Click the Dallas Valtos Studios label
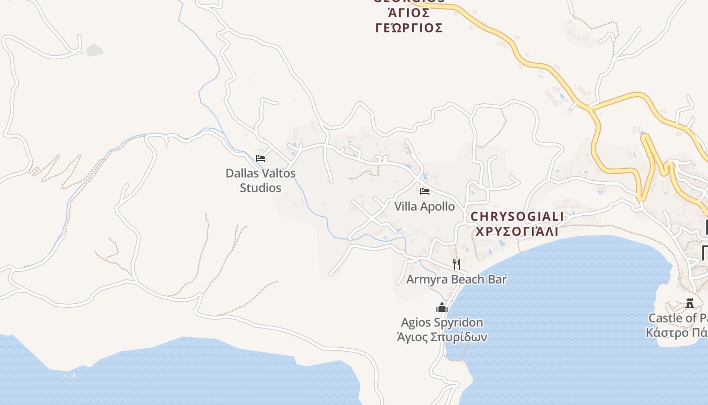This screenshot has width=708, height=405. pos(260,180)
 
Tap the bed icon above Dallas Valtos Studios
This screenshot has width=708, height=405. pos(260,158)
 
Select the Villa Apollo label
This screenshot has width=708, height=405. pos(424,207)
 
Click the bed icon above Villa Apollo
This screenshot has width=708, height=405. pos(425,191)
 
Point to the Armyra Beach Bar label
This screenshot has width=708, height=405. pos(456,279)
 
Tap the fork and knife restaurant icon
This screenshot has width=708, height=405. pos(457,264)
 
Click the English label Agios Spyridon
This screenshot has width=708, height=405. pos(441,322)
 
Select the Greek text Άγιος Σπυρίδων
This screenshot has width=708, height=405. pos(441,337)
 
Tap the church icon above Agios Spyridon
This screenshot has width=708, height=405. pos(442,307)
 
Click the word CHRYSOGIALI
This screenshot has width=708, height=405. pos(517,217)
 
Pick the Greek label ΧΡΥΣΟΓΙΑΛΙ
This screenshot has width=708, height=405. pos(517,231)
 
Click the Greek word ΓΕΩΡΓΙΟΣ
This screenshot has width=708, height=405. pos(409,28)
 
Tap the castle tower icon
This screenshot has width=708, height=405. pos(689,303)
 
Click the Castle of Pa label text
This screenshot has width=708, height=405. pos(678,318)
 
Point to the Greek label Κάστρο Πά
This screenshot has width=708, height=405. pos(677,333)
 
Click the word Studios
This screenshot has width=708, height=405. pos(260,188)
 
